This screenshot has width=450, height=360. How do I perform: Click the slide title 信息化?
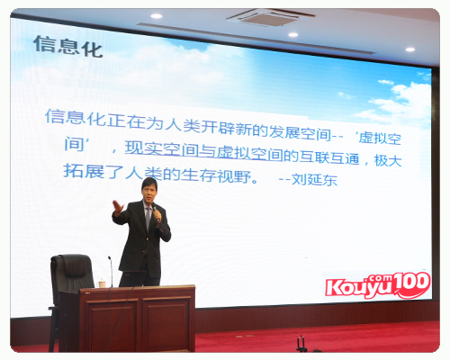[x=67, y=47]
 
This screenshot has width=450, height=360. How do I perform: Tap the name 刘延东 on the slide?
[x=314, y=179]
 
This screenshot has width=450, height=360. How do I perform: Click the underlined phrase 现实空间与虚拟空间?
[x=204, y=151]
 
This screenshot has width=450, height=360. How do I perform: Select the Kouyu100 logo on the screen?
[x=378, y=285]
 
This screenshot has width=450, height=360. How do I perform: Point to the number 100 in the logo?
[x=412, y=283]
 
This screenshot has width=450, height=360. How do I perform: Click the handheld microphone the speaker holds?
[x=156, y=213]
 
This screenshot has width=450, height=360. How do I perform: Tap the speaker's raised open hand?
[x=118, y=208]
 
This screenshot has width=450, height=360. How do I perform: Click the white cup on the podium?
[x=102, y=283]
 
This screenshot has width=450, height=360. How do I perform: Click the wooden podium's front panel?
[x=138, y=321]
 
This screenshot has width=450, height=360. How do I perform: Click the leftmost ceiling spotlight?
[x=157, y=16]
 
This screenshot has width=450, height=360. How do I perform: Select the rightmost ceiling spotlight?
[x=410, y=49]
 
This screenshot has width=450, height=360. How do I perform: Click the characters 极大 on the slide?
[x=388, y=160]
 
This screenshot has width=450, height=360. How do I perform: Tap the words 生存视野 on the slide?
[x=216, y=175]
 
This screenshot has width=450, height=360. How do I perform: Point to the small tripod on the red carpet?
[x=301, y=344]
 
